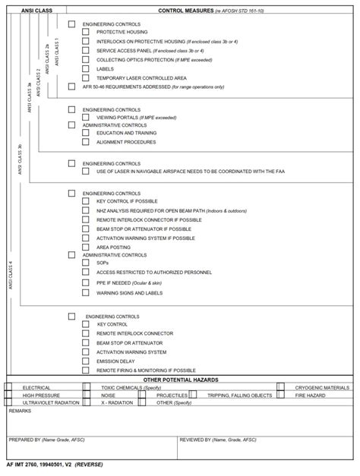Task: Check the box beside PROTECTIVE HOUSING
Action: click(87, 33)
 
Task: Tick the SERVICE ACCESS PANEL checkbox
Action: click(87, 50)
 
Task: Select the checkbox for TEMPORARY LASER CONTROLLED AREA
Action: click(87, 77)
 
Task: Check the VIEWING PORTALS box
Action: click(87, 118)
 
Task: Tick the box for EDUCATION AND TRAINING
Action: click(87, 133)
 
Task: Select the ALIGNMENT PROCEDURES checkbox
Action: click(87, 142)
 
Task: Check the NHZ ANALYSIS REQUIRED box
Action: click(87, 210)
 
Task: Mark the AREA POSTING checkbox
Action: click(87, 247)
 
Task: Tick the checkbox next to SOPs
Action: click(87, 263)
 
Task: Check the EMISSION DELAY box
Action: click(87, 361)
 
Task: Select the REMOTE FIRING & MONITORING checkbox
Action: click(87, 370)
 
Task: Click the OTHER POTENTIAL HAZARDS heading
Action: click(181, 379)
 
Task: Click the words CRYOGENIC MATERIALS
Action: click(322, 387)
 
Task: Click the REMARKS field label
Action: click(21, 411)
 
